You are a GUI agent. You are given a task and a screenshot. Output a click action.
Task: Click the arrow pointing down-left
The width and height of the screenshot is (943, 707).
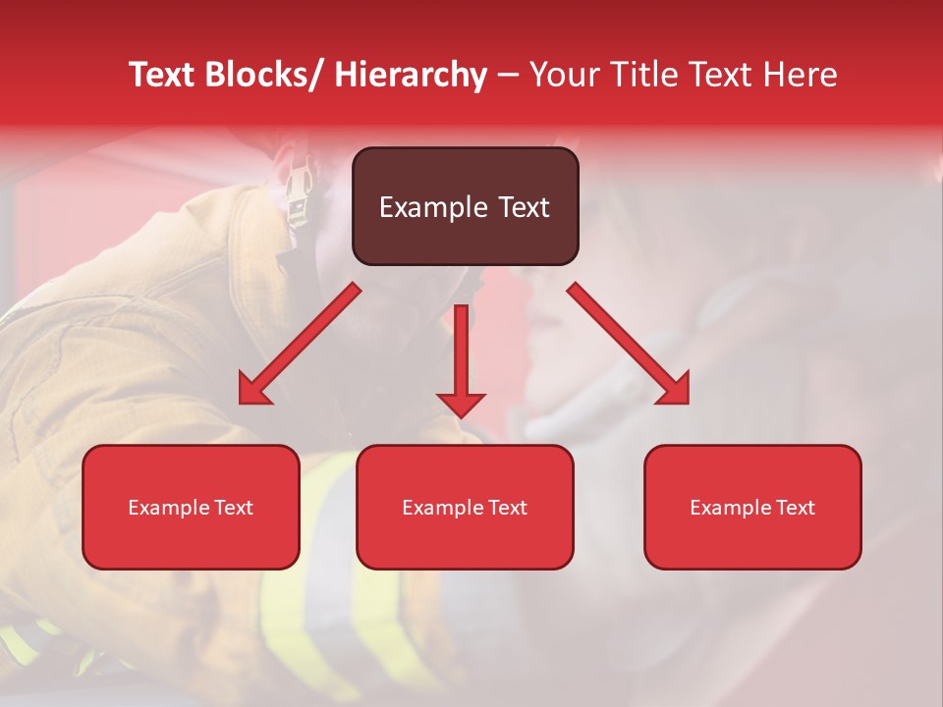coord(301,344)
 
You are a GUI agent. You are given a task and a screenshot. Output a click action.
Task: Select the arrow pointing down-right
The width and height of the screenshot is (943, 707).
coord(628,343)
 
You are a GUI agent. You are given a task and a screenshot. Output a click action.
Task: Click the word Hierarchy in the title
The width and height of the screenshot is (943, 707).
coord(411,75)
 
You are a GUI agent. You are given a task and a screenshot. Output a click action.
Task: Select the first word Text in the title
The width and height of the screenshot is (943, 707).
coord(163,75)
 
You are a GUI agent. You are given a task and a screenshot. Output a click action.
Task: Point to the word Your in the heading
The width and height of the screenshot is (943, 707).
coord(565,75)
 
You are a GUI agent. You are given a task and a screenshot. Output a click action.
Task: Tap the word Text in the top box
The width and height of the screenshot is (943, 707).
coord(522,207)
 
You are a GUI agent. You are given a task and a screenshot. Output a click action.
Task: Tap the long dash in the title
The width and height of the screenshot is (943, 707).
coord(508,75)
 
